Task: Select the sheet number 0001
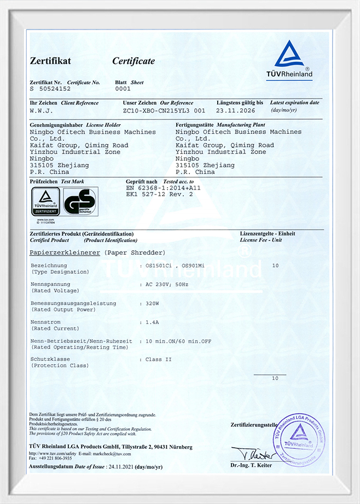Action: point(123,88)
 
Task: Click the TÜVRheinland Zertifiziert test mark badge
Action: point(45,202)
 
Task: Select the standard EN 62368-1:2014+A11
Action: point(164,187)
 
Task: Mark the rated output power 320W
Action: point(153,303)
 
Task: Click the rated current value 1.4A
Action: point(153,323)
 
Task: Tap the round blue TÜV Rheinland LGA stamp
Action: point(299,441)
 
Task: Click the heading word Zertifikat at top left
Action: point(50,61)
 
